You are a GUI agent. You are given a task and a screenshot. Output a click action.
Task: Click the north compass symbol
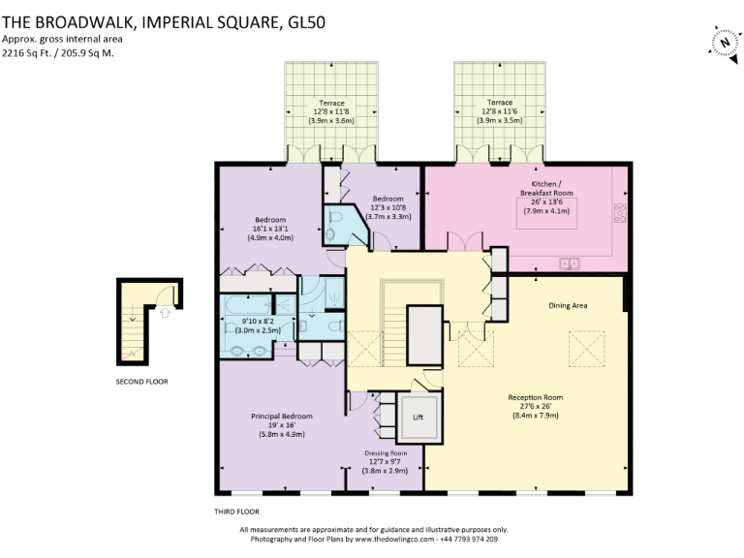click(x=722, y=42)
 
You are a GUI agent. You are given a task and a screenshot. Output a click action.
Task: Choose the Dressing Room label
click(x=386, y=452)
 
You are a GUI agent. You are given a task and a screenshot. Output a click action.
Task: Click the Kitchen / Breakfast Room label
click(x=547, y=188)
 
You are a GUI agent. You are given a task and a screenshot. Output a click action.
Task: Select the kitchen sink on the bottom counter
click(x=570, y=262)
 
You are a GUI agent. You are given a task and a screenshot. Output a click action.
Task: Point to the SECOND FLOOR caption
click(x=142, y=382)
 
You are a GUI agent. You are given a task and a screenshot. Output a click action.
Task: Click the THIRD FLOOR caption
click(x=237, y=511)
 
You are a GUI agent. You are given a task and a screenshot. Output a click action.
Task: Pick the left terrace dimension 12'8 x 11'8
click(x=331, y=111)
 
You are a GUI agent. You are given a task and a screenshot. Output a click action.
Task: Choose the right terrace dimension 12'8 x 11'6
click(x=499, y=111)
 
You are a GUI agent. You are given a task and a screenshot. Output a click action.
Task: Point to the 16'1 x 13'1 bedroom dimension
click(x=269, y=228)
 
